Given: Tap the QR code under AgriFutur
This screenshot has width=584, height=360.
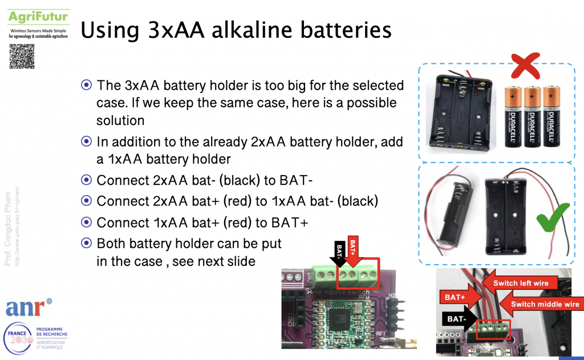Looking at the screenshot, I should click(22, 56).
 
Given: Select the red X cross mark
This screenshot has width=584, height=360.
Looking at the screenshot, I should click(525, 67).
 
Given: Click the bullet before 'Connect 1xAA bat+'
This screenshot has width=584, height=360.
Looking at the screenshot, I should click(87, 222).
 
